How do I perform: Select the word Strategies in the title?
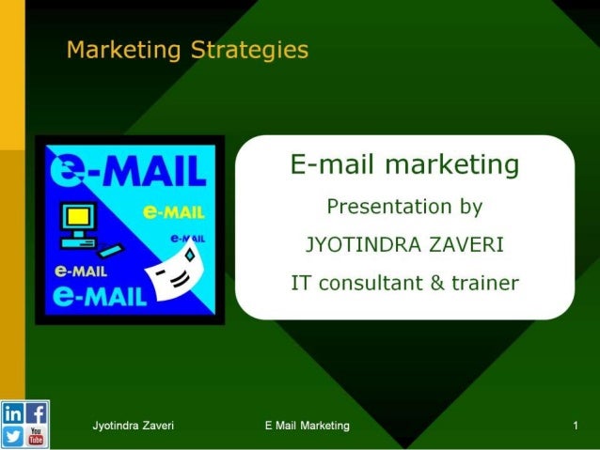coord(249,49)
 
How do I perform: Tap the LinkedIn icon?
coord(13,414)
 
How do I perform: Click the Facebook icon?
coord(37,413)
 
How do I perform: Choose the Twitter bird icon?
coord(13,437)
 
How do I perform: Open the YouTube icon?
coord(37,437)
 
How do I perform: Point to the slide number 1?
coord(574,427)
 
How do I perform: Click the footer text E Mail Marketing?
coord(308,427)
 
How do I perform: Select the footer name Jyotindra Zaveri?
coord(133,427)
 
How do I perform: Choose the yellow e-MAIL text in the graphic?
coord(176,210)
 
